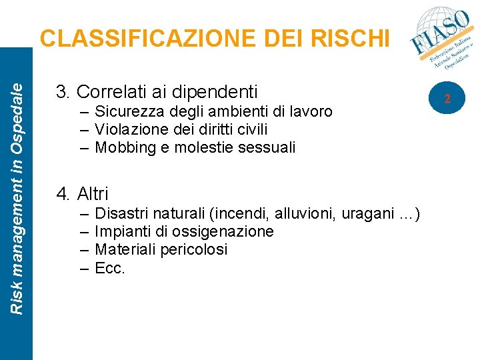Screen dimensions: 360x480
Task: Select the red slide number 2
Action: (x=448, y=99)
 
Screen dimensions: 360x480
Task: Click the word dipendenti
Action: (x=213, y=91)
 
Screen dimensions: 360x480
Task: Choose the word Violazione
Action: (x=130, y=129)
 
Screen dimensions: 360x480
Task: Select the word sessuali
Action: (x=267, y=147)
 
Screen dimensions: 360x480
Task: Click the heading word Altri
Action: (x=93, y=194)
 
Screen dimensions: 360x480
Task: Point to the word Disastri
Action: (x=122, y=214)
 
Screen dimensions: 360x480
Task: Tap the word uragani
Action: (x=371, y=214)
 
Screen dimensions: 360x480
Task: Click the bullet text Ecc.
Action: (x=110, y=267)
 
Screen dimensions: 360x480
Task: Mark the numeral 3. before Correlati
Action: (x=64, y=91)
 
